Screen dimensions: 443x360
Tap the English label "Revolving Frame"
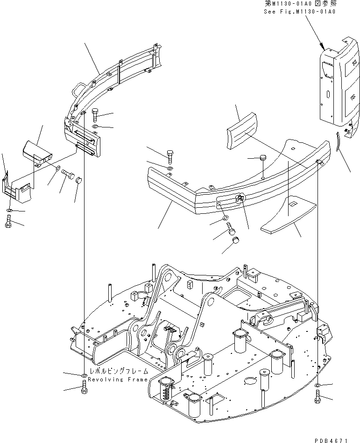(x=118, y=379)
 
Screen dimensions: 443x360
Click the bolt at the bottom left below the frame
(x=84, y=387)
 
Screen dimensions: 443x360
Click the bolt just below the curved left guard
(x=95, y=114)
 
